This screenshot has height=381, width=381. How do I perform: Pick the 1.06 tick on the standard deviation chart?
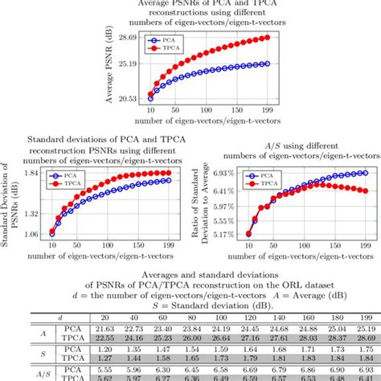tap(33, 234)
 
